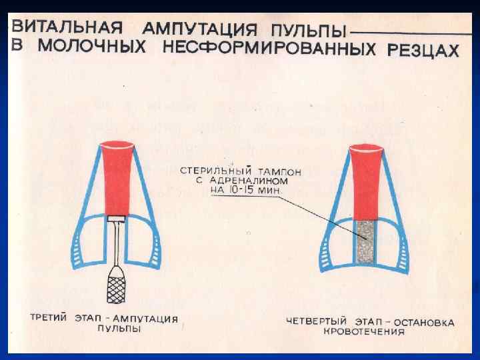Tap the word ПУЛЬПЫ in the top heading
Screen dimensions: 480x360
[x=312, y=31]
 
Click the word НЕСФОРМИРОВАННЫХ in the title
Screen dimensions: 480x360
[x=271, y=49]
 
